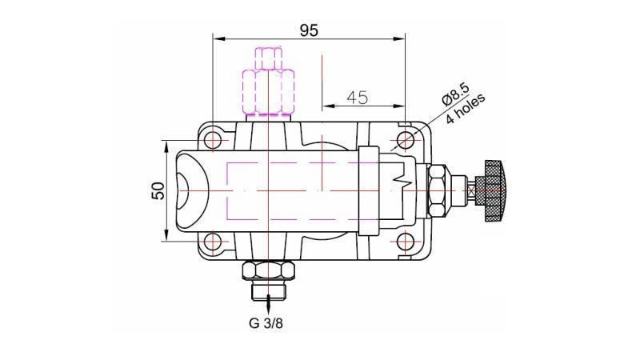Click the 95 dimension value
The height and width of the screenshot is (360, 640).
click(x=309, y=30)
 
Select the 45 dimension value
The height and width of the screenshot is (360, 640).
click(x=357, y=98)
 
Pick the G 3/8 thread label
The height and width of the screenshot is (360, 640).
click(x=268, y=324)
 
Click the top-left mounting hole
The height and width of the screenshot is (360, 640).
click(x=213, y=141)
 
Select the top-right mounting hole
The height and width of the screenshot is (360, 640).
click(x=406, y=141)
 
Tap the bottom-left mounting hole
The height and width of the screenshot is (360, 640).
click(x=213, y=241)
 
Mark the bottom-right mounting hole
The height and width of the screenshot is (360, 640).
click(x=406, y=241)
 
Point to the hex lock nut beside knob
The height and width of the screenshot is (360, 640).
click(x=439, y=190)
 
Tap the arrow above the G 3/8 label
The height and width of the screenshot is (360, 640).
click(x=267, y=306)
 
